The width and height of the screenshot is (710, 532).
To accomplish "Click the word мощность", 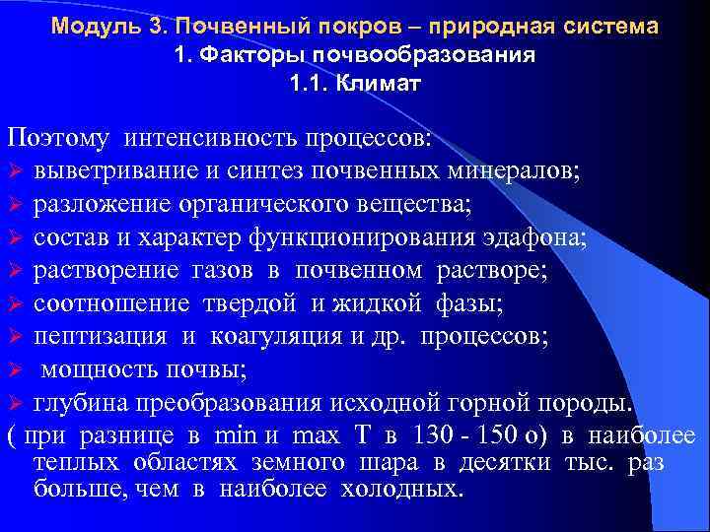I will click(94, 371).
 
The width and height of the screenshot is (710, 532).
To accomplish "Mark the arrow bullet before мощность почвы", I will click(14, 371).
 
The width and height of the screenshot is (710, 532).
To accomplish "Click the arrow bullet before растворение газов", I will click(14, 271).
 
